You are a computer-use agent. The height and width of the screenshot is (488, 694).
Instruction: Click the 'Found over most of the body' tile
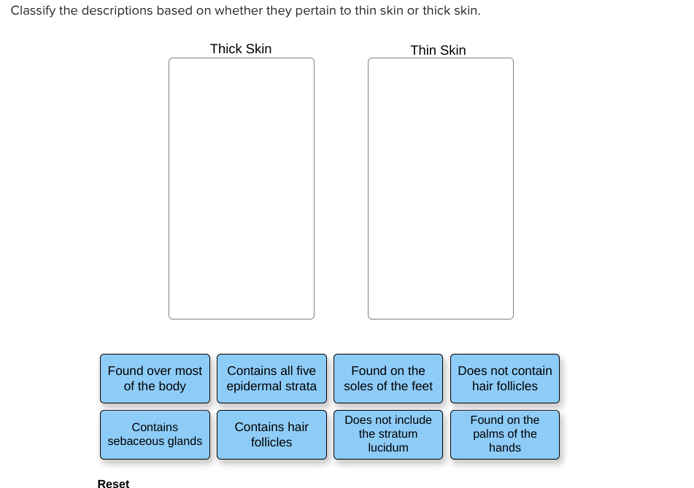[155, 379]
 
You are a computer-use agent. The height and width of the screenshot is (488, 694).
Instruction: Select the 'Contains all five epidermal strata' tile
[271, 379]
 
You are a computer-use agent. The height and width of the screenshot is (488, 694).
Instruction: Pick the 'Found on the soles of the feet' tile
[388, 379]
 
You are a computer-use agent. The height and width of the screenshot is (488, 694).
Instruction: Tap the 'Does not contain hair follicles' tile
[505, 379]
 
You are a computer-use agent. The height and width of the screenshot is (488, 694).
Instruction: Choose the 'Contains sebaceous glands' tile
[155, 435]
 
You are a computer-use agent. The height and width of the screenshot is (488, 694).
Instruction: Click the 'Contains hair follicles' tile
[271, 435]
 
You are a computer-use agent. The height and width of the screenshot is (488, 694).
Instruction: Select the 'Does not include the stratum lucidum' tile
[388, 435]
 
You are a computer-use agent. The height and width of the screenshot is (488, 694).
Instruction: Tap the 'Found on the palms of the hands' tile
[505, 435]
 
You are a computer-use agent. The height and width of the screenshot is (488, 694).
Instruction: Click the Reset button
[113, 483]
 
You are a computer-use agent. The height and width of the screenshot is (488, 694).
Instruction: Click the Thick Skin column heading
[241, 49]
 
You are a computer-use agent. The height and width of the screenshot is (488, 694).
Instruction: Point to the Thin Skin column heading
[438, 50]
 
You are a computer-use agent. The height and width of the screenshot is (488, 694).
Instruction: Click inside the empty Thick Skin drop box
[242, 188]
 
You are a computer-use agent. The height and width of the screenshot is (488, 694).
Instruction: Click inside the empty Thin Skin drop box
[441, 188]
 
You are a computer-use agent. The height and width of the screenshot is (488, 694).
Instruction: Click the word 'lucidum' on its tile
[388, 448]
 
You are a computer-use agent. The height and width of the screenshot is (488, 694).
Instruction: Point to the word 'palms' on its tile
[488, 434]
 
